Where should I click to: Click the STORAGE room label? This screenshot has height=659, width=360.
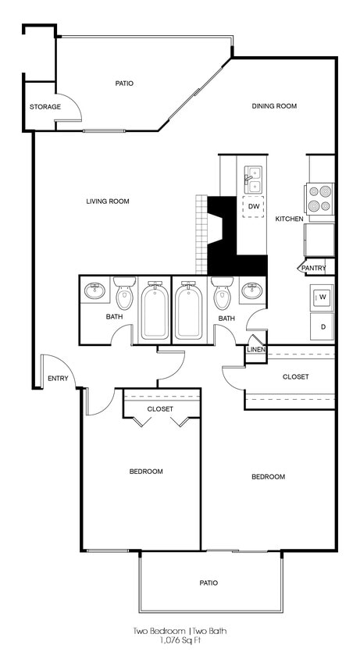click(45, 106)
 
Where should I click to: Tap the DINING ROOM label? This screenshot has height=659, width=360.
click(274, 106)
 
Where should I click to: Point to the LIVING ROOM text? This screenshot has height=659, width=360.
click(108, 201)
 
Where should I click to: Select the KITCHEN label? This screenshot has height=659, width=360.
click(289, 219)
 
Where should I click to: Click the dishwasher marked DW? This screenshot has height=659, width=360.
click(254, 206)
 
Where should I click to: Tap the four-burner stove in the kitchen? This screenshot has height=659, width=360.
click(319, 198)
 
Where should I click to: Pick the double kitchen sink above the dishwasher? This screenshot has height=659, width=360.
click(254, 180)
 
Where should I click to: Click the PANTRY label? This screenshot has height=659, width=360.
click(313, 268)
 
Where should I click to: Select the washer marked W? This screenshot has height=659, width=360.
click(323, 297)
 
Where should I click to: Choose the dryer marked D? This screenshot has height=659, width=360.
click(323, 326)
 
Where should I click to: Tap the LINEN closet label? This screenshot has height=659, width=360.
click(256, 349)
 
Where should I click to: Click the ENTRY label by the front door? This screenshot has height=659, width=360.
click(58, 379)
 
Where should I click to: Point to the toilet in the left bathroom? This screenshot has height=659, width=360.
click(125, 295)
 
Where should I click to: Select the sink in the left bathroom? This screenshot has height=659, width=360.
click(95, 291)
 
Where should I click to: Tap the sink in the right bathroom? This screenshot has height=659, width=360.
click(252, 291)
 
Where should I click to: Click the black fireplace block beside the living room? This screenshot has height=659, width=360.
click(234, 234)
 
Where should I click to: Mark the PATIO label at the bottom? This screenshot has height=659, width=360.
click(209, 582)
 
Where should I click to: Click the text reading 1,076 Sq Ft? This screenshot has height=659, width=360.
click(180, 640)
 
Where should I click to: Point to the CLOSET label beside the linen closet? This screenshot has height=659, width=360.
click(295, 376)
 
